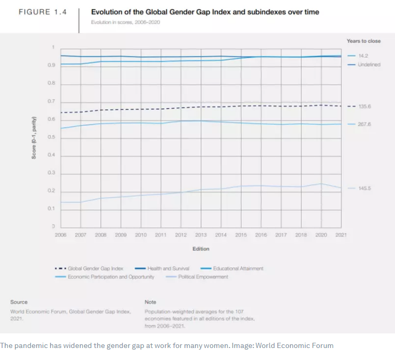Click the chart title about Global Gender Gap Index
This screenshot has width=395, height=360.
tap(205, 12)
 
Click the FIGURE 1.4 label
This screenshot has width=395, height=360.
tap(43, 12)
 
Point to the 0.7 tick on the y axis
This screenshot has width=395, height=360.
tap(51, 101)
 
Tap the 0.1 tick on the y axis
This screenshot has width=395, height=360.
tap(51, 209)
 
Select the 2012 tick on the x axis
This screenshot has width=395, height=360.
tap(181, 235)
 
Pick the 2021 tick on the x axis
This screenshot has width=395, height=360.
tap(341, 235)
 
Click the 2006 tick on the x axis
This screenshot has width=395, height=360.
tap(60, 235)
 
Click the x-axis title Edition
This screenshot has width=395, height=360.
tap(201, 249)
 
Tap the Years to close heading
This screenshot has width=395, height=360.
tap(363, 41)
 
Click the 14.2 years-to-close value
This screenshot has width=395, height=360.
tap(363, 55)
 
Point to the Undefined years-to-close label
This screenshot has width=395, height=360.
tap(369, 64)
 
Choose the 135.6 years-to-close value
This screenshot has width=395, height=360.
tap(365, 106)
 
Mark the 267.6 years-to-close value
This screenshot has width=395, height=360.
tap(365, 124)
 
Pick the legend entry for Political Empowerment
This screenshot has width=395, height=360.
tap(203, 277)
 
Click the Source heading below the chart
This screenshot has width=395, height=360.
tap(19, 302)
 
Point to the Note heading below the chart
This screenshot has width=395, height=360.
tap(150, 302)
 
